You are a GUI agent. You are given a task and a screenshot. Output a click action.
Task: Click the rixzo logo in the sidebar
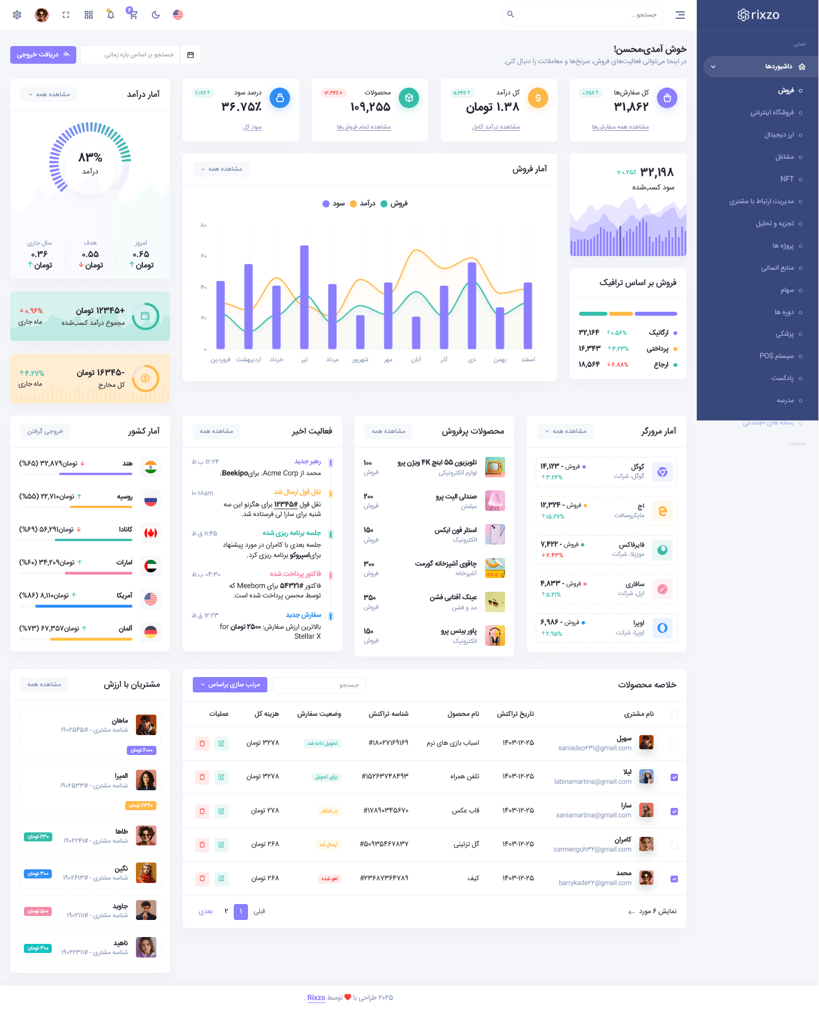tap(758, 15)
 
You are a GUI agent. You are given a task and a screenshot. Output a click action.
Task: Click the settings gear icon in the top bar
tap(17, 15)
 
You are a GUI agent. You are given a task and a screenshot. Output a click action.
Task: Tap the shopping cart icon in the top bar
tap(133, 15)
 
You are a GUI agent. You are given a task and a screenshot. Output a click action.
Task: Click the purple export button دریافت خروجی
tap(43, 55)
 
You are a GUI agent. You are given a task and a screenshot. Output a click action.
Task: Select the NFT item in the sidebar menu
tap(787, 179)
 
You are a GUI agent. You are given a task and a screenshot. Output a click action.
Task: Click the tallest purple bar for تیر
tap(304, 296)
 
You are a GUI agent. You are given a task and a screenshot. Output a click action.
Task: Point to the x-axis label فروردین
tap(221, 360)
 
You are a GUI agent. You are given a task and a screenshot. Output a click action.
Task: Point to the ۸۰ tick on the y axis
tap(204, 226)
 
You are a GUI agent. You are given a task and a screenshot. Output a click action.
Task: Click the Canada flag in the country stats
tap(151, 533)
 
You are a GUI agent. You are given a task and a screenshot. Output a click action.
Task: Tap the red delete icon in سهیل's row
tap(202, 743)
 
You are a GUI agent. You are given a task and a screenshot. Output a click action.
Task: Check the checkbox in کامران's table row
tap(674, 845)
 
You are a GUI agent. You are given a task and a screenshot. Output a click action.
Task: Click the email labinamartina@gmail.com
tap(593, 782)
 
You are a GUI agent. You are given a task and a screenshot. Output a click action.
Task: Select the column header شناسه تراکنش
tap(388, 714)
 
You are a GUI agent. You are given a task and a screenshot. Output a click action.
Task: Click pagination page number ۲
tap(226, 911)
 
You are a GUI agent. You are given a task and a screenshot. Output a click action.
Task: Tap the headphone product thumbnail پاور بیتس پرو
tap(495, 636)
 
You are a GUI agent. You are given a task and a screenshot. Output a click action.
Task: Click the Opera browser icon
tap(662, 628)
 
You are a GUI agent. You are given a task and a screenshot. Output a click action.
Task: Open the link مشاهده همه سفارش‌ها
tap(620, 127)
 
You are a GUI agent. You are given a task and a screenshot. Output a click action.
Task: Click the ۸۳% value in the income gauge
tap(90, 157)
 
